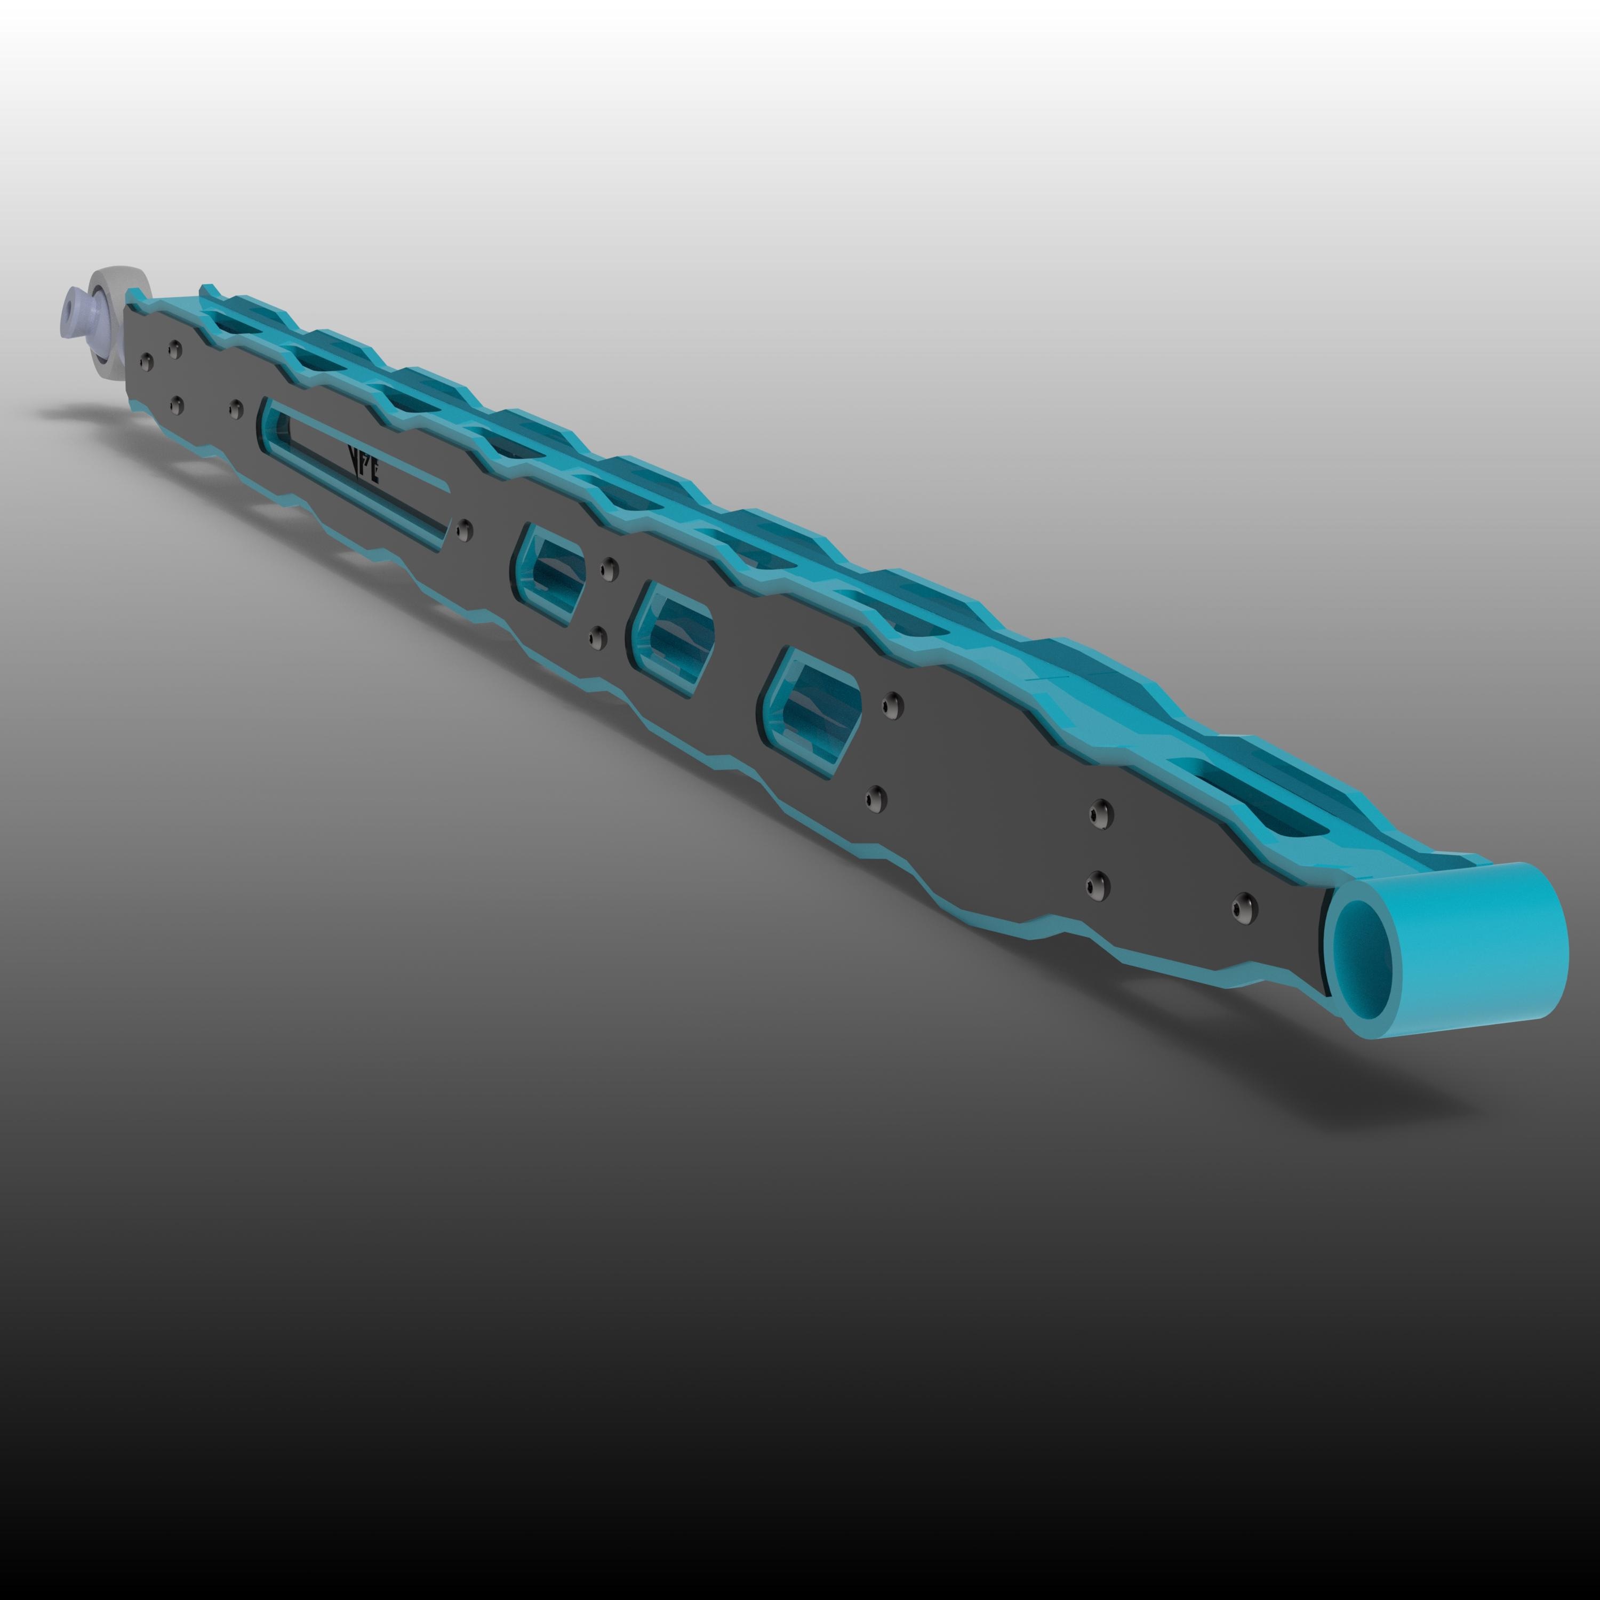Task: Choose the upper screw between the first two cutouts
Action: (610, 568)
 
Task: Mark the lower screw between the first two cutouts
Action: (598, 637)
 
